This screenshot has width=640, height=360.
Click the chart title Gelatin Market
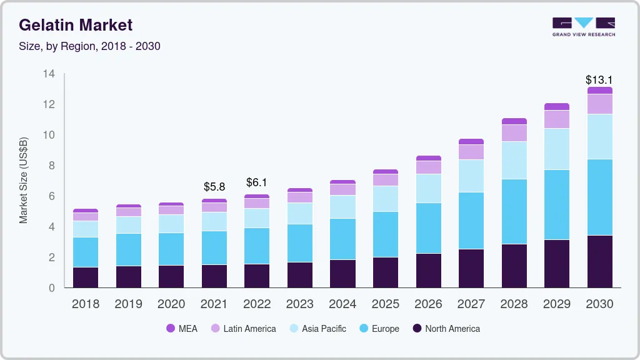tap(76, 26)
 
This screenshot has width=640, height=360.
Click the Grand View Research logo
tap(583, 27)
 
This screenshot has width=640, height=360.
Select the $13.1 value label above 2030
tap(599, 80)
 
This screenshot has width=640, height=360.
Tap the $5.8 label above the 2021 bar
tap(214, 187)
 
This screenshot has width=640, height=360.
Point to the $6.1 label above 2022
tap(257, 182)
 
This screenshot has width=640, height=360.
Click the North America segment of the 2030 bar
tap(599, 261)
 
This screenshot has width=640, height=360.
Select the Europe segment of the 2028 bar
tap(514, 211)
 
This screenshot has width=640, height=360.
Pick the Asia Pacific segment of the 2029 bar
tap(557, 149)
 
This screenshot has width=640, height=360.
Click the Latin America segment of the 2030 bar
tap(599, 104)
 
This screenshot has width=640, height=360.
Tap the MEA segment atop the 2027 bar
tap(471, 142)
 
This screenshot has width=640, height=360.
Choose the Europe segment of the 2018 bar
tap(86, 252)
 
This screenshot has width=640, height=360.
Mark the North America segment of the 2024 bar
tap(342, 273)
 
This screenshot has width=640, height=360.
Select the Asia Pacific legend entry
tap(324, 329)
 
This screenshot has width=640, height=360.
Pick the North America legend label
tap(452, 329)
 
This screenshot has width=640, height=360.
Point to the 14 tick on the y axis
tap(49, 74)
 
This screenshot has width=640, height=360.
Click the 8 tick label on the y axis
tap(52, 166)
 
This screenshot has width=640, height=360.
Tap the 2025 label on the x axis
tap(385, 304)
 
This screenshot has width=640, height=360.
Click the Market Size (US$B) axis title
tap(24, 180)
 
